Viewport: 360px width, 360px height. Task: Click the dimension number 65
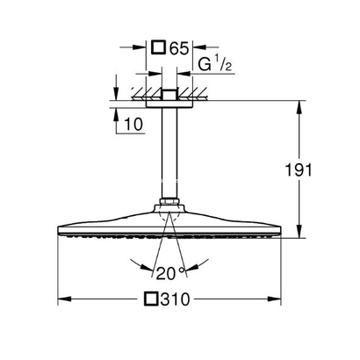(x=178, y=48)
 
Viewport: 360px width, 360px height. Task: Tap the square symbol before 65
(x=158, y=47)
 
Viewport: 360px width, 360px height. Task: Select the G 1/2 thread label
(x=215, y=64)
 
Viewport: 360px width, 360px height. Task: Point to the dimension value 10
(x=133, y=125)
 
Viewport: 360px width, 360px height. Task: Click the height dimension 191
(x=299, y=170)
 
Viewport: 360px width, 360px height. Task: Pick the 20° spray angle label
(x=171, y=274)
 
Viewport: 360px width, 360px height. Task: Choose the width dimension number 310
(x=176, y=299)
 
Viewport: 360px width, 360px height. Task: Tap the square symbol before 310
(x=151, y=299)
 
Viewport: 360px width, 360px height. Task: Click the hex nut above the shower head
(x=169, y=201)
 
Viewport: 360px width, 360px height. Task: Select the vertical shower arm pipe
(x=169, y=153)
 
